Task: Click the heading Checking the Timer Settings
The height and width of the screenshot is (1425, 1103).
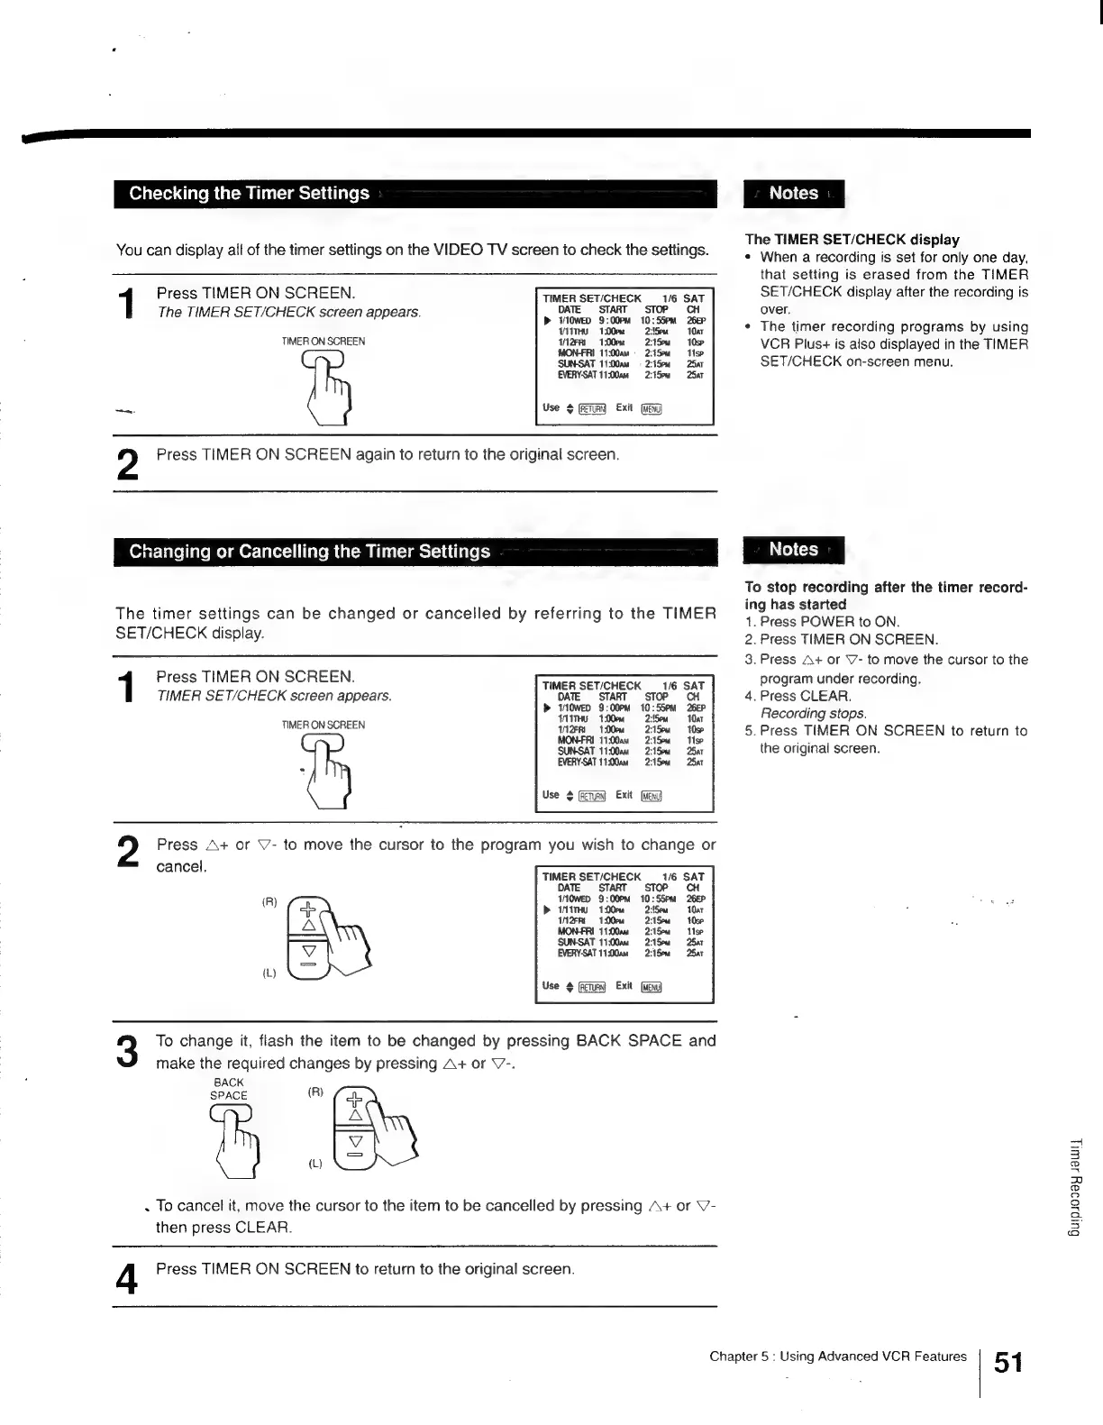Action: click(x=249, y=194)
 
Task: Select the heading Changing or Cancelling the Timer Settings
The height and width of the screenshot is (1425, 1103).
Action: click(x=309, y=552)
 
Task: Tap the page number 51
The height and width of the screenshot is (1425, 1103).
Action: click(x=1007, y=1362)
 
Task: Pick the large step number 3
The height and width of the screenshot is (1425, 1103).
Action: click(x=128, y=1052)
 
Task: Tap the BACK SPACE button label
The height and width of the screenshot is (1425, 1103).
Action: click(x=228, y=1089)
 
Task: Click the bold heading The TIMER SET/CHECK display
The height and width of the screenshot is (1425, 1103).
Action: click(x=852, y=240)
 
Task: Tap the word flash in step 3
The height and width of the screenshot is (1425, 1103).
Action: click(x=260, y=1041)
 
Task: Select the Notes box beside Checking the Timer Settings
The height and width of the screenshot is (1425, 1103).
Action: click(x=793, y=194)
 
